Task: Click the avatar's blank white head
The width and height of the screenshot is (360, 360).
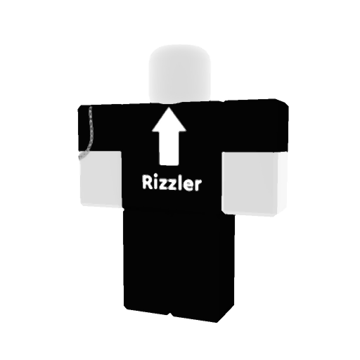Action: (179, 74)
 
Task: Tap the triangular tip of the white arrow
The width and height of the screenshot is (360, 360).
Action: (169, 108)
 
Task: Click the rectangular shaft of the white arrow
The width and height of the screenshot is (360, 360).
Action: (169, 148)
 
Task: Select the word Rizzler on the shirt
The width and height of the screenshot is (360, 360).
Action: (172, 183)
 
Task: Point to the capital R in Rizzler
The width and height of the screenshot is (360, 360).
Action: (147, 182)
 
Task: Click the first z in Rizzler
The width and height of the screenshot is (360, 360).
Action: (162, 184)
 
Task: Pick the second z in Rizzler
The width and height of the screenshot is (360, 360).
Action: (172, 185)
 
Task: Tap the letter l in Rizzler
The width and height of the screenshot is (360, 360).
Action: (180, 183)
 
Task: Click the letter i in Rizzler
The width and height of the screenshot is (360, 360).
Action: (155, 182)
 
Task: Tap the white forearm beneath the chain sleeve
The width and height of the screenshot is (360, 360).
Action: (101, 179)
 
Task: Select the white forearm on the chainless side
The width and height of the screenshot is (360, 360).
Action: (255, 184)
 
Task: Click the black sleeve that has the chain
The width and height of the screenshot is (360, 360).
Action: (101, 129)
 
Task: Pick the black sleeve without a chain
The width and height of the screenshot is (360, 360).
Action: (255, 126)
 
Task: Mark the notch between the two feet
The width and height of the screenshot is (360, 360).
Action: (170, 313)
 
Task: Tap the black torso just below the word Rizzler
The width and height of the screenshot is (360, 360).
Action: (172, 200)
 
